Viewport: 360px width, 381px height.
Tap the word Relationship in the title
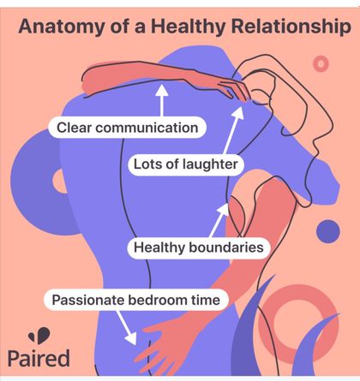click(291, 27)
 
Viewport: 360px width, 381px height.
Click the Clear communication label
click(127, 128)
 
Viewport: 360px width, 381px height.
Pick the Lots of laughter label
click(186, 164)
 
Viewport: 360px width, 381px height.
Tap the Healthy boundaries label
click(199, 247)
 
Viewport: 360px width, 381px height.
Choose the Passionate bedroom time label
click(136, 300)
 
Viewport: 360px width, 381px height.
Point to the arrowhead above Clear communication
click(162, 90)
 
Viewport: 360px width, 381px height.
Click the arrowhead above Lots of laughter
click(238, 112)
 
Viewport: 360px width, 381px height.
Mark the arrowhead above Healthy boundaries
click(224, 209)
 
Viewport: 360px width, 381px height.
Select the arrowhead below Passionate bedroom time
click(132, 338)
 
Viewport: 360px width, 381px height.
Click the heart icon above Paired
click(39, 336)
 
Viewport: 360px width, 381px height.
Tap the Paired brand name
click(39, 359)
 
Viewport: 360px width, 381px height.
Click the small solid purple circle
click(328, 231)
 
